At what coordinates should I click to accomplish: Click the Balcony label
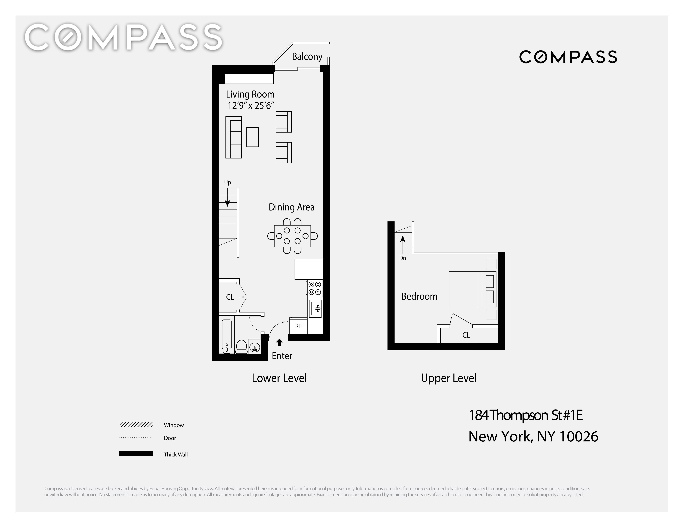coord(307,57)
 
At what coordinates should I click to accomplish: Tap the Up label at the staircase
coord(227,182)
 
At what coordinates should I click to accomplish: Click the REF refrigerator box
coord(299,326)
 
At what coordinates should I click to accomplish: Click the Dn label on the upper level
coord(402,258)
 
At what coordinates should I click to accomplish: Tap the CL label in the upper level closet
coord(466,335)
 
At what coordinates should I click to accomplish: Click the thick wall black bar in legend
coord(136,454)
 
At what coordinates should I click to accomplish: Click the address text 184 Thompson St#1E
coord(526,415)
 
